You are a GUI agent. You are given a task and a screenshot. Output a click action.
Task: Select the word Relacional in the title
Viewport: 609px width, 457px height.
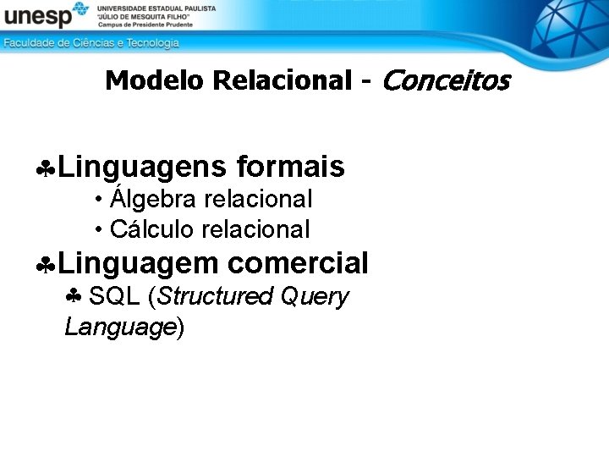[x=283, y=80]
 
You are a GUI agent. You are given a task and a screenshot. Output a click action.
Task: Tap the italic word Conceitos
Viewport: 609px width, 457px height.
[x=447, y=80]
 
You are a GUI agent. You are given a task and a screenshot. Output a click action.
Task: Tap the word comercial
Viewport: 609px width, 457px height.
[x=298, y=263]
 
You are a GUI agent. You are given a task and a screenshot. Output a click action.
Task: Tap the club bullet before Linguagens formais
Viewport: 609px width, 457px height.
[x=46, y=169]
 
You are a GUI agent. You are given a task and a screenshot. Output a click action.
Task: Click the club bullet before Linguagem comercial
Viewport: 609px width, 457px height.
[x=46, y=266]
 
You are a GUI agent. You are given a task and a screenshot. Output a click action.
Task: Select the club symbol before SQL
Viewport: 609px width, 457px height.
[x=74, y=297]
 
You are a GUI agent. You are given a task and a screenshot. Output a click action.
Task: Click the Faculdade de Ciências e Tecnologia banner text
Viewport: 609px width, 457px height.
[x=91, y=42]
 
